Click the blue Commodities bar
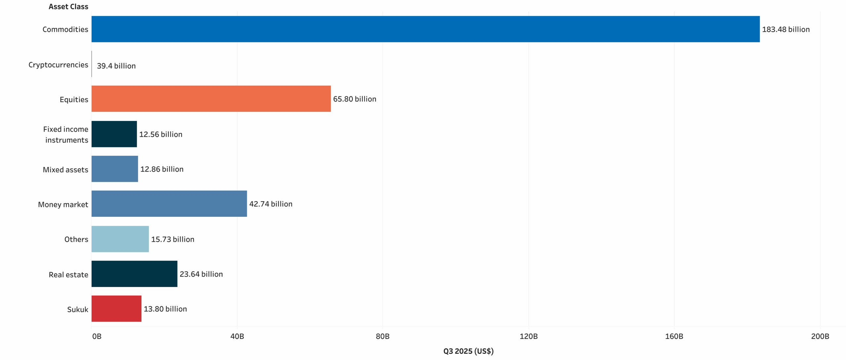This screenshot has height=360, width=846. pyautogui.click(x=425, y=29)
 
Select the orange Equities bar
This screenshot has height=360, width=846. pyautogui.click(x=211, y=99)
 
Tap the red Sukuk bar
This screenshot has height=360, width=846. pyautogui.click(x=116, y=308)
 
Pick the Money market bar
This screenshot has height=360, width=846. pyautogui.click(x=169, y=204)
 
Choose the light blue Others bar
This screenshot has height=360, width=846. pyautogui.click(x=120, y=239)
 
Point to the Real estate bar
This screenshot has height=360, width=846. pyautogui.click(x=134, y=274)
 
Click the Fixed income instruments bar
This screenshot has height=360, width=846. pyautogui.click(x=114, y=134)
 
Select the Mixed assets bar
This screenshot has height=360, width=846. pyautogui.click(x=115, y=169)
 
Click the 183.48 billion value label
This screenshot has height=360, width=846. pyautogui.click(x=786, y=29)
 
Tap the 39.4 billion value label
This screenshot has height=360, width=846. pyautogui.click(x=116, y=66)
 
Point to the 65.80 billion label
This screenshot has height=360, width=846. pyautogui.click(x=354, y=99)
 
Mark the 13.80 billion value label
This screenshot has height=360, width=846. pyautogui.click(x=165, y=309)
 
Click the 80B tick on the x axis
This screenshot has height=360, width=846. pyautogui.click(x=382, y=336)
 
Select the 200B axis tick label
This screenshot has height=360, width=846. pyautogui.click(x=820, y=336)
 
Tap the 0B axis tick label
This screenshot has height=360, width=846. pyautogui.click(x=97, y=336)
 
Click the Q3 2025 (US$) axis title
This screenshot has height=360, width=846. pyautogui.click(x=468, y=351)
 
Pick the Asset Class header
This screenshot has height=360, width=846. pyautogui.click(x=68, y=7)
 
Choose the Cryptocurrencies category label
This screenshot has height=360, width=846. pyautogui.click(x=58, y=65)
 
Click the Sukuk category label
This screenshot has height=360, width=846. pyautogui.click(x=78, y=309)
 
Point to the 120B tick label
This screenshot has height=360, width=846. pyautogui.click(x=528, y=336)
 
